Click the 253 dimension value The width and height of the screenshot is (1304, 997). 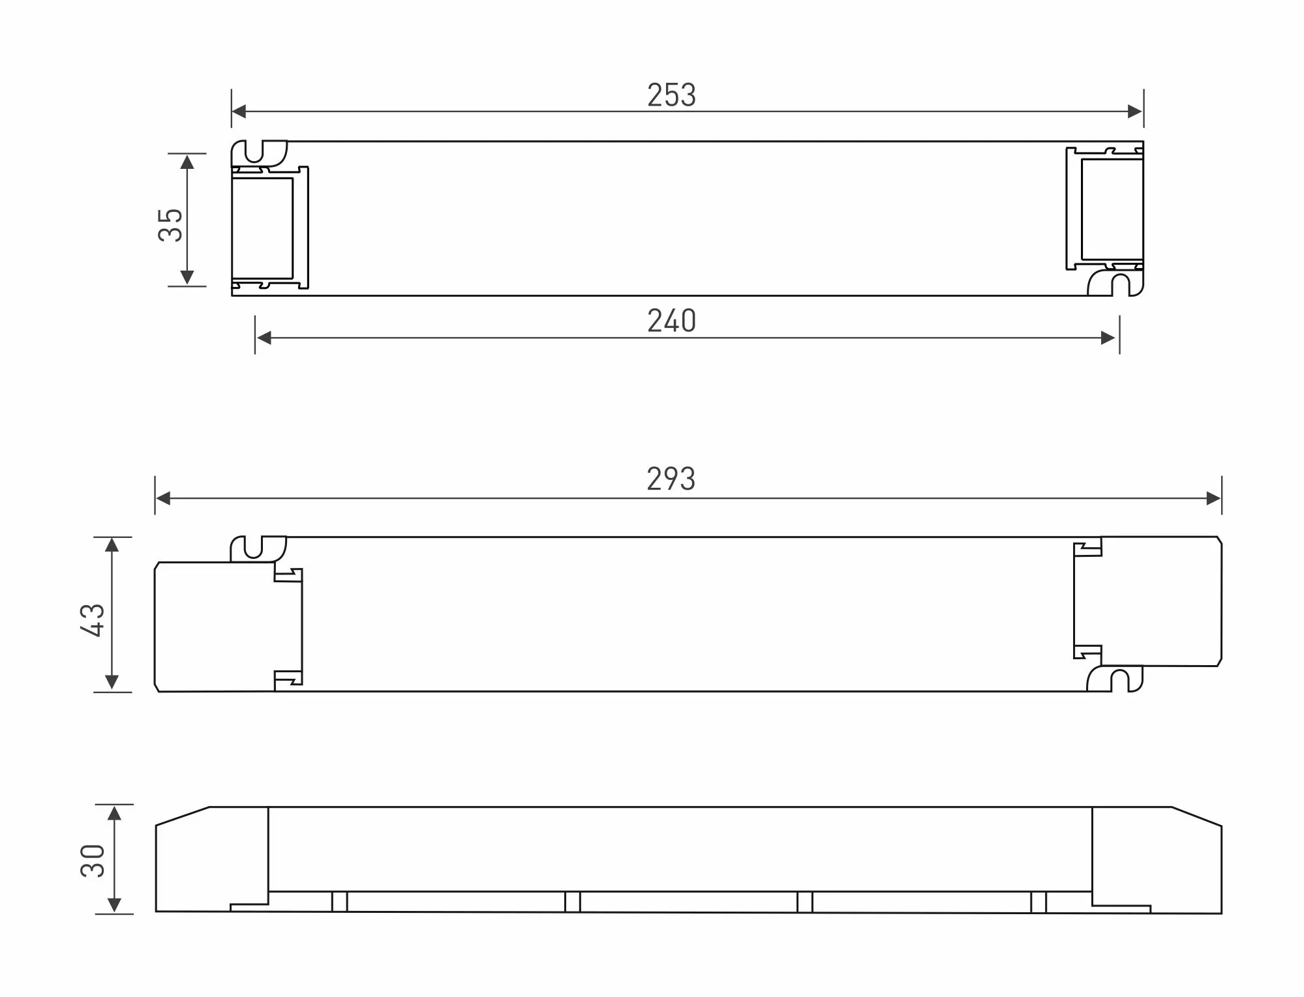671,95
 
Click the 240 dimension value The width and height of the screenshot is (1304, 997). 671,321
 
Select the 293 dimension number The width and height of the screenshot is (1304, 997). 671,479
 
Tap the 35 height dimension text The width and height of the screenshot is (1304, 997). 171,224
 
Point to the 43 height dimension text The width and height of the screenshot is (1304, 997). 93,619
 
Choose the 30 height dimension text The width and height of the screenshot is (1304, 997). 93,861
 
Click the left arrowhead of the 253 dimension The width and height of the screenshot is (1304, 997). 239,112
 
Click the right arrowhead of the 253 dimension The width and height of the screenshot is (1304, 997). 1135,112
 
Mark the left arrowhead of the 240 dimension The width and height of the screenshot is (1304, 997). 264,338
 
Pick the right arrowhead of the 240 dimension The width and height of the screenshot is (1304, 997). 1108,338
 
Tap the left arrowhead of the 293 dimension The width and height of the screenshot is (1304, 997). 163,499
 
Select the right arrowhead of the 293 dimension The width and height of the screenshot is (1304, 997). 1213,499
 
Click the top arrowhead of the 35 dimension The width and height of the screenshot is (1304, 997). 187,162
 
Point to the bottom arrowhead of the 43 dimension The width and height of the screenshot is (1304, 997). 112,682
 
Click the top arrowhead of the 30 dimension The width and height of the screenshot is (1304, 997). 115,813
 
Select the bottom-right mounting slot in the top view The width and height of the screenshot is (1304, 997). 1120,285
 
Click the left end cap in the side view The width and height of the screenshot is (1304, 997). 212,859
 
